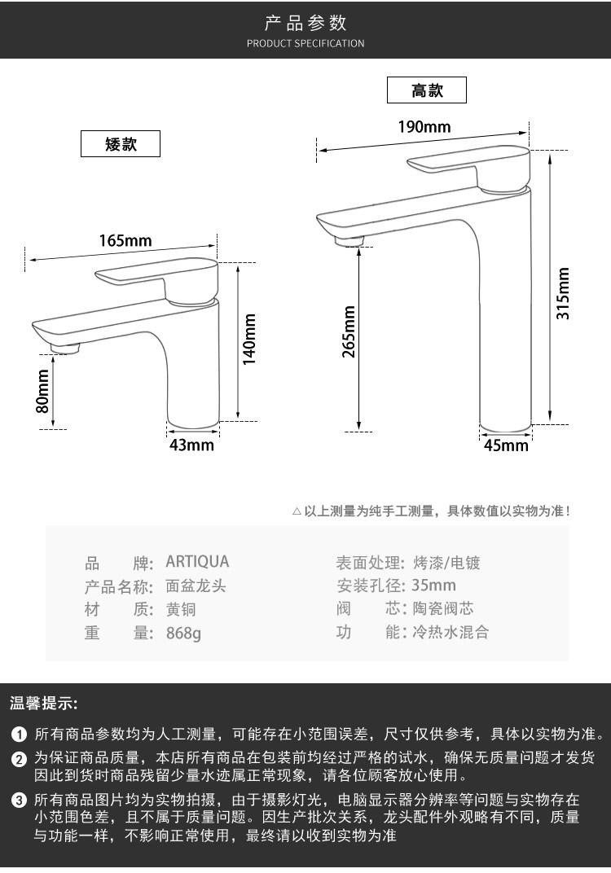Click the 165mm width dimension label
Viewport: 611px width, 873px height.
point(125,240)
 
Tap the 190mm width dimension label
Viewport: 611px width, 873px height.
point(424,126)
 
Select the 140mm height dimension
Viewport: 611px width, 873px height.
point(250,340)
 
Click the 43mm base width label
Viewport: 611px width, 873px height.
point(191,445)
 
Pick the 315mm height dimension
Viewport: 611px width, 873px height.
point(563,293)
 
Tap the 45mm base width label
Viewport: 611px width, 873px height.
point(506,445)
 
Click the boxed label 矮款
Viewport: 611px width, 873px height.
point(121,145)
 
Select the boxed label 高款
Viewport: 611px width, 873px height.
point(427,90)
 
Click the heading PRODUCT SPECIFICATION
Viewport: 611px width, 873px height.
point(305,43)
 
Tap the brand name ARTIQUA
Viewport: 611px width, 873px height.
point(197,562)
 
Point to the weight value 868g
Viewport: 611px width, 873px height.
point(182,633)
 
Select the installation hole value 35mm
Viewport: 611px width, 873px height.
point(433,586)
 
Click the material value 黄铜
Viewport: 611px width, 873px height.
point(181,609)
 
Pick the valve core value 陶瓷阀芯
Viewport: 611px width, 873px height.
point(443,609)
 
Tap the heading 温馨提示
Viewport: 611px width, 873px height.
point(43,703)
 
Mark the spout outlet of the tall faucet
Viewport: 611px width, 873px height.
point(349,240)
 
